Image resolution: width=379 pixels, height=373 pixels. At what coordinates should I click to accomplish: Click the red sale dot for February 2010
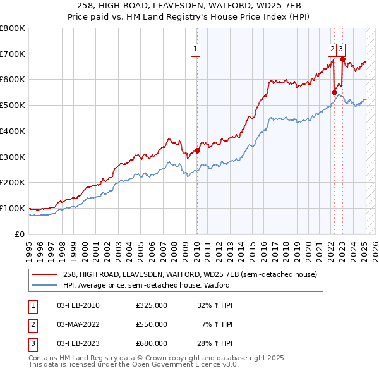pyautogui.click(x=197, y=150)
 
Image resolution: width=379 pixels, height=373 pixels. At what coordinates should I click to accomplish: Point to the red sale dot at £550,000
pyautogui.click(x=334, y=92)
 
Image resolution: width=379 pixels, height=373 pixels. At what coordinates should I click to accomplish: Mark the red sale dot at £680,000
pyautogui.click(x=342, y=59)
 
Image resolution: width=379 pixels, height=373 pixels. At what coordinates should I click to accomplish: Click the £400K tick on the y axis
pyautogui.click(x=13, y=131)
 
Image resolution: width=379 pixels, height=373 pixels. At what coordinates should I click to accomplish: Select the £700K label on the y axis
pyautogui.click(x=13, y=54)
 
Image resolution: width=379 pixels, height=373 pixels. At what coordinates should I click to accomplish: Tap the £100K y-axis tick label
pyautogui.click(x=13, y=208)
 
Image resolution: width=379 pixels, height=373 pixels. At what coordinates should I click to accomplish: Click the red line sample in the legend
pyautogui.click(x=44, y=274)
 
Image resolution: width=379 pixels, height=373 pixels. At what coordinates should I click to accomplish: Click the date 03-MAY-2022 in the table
pyautogui.click(x=78, y=324)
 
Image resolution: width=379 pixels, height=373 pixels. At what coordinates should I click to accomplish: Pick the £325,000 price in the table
pyautogui.click(x=152, y=305)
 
